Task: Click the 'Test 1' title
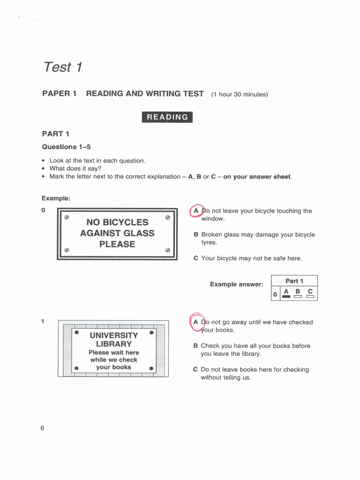coord(63,67)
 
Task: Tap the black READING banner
coord(167,117)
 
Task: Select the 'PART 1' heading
coord(55,134)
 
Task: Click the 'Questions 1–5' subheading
coord(66,147)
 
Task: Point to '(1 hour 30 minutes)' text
coord(239,94)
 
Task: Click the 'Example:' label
coord(56,198)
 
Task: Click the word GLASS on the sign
coord(135,233)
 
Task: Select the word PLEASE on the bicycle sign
coord(117,244)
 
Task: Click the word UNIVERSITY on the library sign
coord(114,335)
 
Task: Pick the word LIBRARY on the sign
coord(114,344)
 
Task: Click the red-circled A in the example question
coord(196,211)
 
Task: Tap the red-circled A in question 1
coord(196,322)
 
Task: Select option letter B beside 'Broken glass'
coord(196,234)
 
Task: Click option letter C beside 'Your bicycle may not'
coord(196,258)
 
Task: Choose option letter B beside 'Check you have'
coord(196,346)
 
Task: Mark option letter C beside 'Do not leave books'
coord(196,369)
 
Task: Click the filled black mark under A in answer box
coord(286,296)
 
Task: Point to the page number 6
coord(42,428)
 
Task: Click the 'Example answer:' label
coord(236,284)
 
